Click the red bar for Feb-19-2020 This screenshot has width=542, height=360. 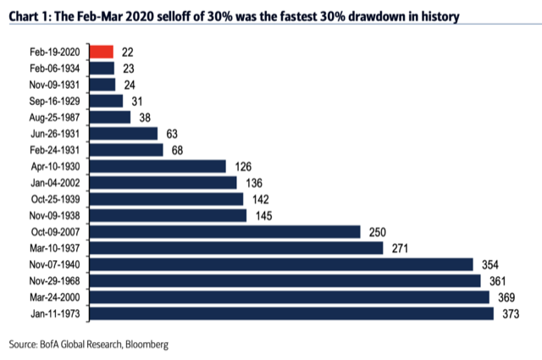tap(101, 51)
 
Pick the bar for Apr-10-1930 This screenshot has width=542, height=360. tap(157, 166)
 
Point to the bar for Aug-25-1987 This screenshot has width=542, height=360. tap(109, 117)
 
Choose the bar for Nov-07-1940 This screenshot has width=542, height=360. tap(279, 264)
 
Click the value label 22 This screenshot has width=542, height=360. tap(128, 52)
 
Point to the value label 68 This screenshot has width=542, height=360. tap(176, 150)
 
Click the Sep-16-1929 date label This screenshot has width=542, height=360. tap(54, 101)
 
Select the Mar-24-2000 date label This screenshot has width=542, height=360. tap(54, 297)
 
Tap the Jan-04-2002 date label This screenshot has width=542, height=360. tap(54, 183)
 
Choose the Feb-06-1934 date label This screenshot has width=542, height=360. tap(54, 68)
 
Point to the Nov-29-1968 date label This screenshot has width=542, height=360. tap(54, 281)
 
